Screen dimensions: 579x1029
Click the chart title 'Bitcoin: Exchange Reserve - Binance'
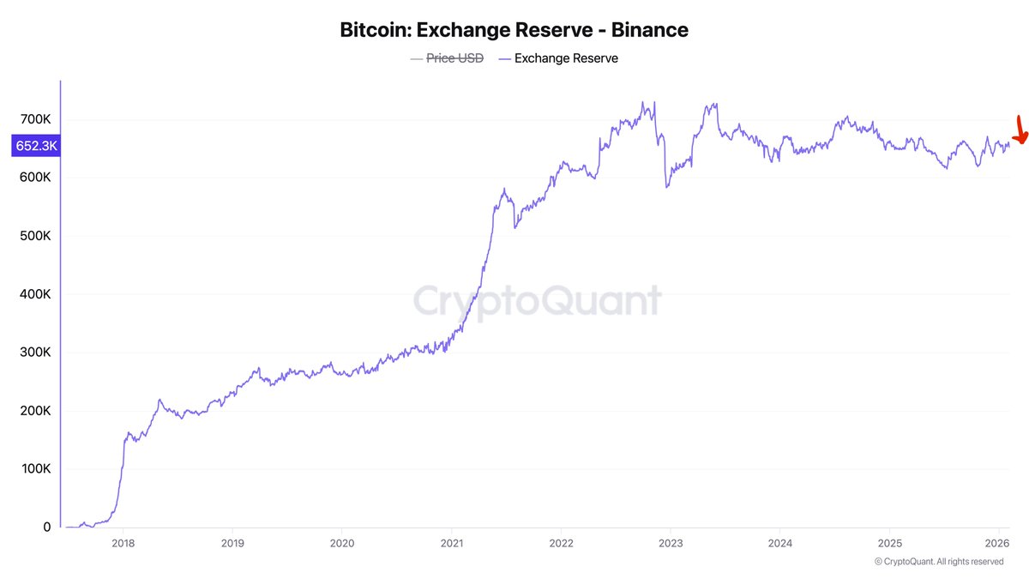[514, 30]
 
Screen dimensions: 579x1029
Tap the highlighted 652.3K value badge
[36, 146]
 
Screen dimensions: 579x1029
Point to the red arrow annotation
[1020, 130]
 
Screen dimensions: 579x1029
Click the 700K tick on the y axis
[35, 119]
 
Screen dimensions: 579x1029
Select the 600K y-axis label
[35, 178]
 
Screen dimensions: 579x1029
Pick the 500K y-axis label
[35, 236]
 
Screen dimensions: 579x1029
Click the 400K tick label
[35, 294]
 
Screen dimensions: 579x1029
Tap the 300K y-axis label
[35, 353]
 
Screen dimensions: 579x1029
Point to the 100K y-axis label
[35, 469]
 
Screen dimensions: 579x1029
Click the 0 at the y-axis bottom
[46, 528]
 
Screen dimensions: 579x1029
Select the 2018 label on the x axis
[123, 543]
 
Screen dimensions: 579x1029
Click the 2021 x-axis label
[452, 543]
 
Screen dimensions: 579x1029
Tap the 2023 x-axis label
[671, 543]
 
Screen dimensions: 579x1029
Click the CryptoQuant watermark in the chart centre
[538, 302]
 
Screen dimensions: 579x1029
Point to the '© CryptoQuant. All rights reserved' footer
[939, 562]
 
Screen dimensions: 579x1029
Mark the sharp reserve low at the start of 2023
[667, 186]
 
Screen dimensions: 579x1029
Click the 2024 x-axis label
[780, 543]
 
